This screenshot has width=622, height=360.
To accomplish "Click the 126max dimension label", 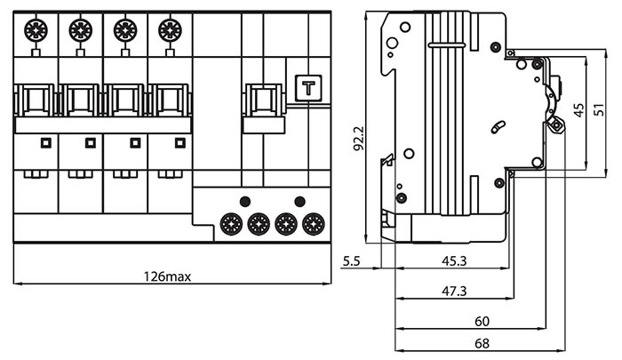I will point(168,276).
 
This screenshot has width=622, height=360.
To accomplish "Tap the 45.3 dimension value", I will point(454,260).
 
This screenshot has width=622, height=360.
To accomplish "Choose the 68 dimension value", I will point(482,342).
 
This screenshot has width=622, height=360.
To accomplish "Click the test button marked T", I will point(308,88).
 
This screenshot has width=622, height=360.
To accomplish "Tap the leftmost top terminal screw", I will point(36,29).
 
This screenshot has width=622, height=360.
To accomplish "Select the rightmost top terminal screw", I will point(170,29).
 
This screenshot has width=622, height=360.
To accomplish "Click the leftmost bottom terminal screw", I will point(232,223).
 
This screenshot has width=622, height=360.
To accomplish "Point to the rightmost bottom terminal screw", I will point(313,223).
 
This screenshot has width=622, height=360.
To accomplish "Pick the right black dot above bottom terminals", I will point(299,200).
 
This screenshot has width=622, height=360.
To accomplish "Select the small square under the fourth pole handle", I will point(180,142).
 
